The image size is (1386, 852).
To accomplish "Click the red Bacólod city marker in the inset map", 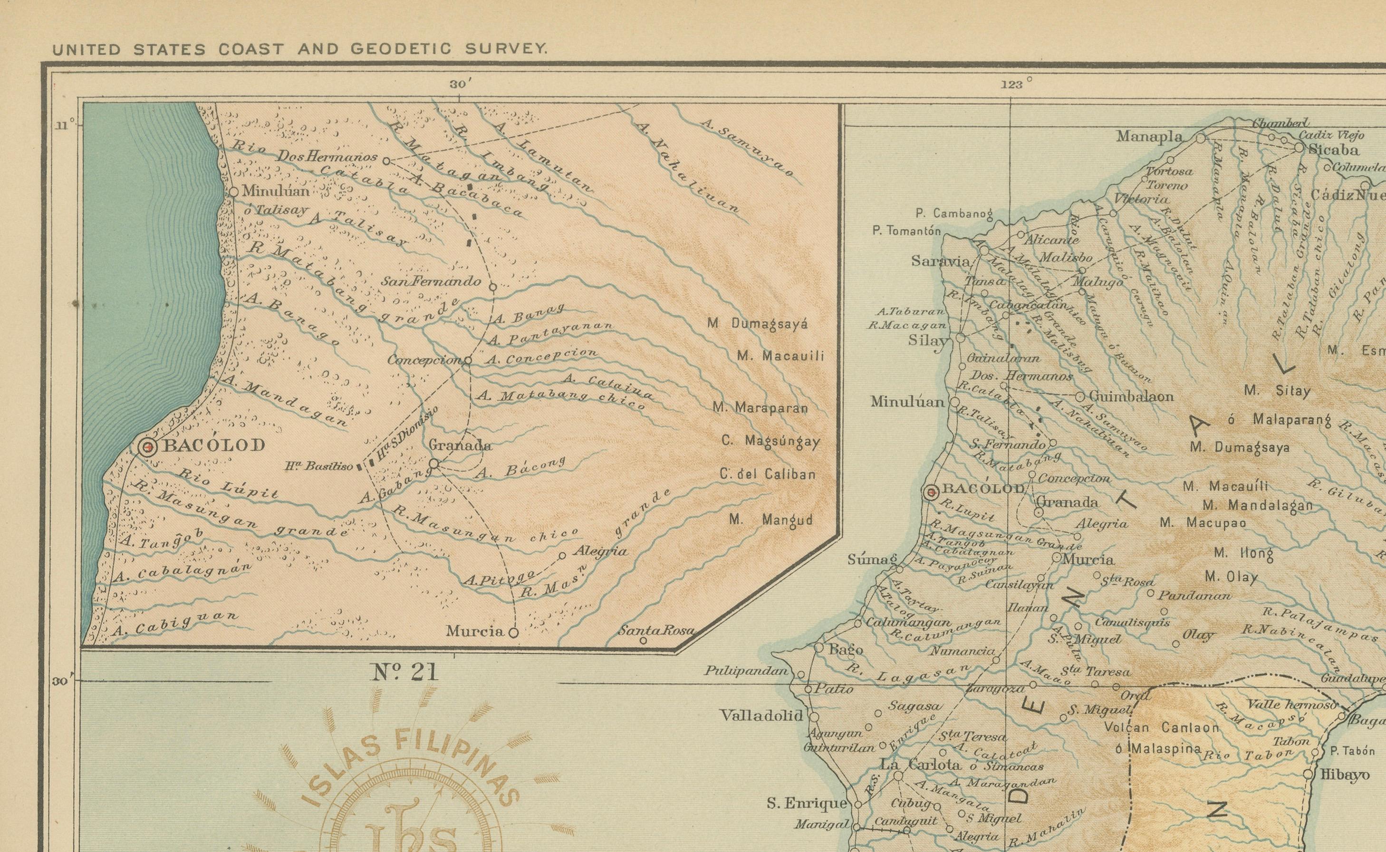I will [148, 447].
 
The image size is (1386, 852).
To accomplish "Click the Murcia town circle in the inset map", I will [513, 632].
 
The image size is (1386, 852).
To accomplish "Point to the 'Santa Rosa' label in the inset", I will [656, 631].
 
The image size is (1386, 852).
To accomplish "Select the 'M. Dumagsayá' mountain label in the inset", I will [757, 324].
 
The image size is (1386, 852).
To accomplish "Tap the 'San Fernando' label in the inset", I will [432, 281].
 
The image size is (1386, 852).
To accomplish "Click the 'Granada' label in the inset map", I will [460, 445].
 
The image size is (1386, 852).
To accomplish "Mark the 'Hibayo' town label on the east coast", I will [1345, 775].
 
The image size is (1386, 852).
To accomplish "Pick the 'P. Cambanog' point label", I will [953, 214].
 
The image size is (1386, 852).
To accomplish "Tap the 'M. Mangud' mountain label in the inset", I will [771, 519].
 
